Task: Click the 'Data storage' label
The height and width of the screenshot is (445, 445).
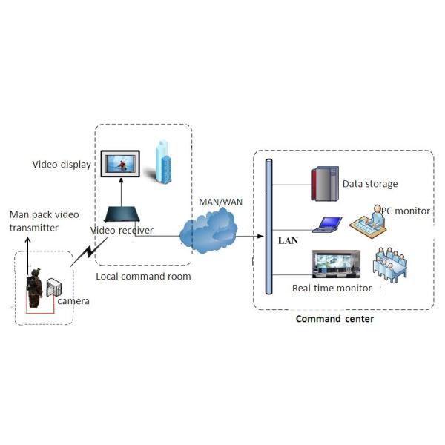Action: coord(370,184)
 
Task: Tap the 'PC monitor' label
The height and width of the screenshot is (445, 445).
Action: coord(405,211)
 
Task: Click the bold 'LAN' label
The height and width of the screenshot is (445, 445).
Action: coord(288,241)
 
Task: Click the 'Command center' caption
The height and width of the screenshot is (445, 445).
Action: coord(334,319)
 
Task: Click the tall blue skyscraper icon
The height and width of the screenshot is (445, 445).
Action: coord(162,161)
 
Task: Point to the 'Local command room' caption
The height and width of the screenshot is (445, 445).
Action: coord(143,277)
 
